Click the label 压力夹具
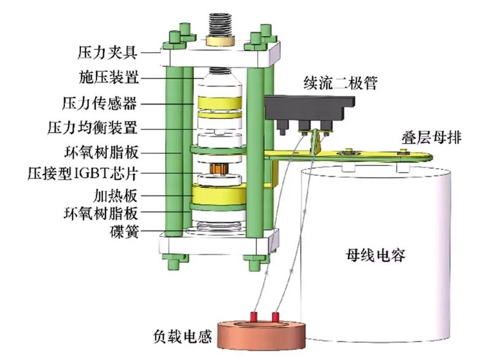coord(107,50)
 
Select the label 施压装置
coord(107,77)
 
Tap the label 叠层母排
coord(433,139)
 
